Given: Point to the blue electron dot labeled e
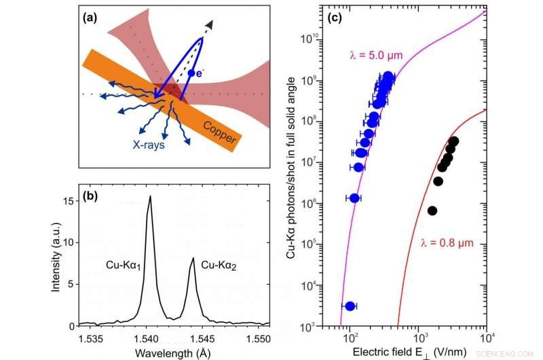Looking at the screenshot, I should (x=193, y=73).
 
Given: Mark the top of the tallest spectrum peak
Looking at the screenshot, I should (x=150, y=197).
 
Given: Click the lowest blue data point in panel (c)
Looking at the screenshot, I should (x=350, y=306).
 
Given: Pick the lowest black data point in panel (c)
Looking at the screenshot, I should (x=432, y=211).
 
